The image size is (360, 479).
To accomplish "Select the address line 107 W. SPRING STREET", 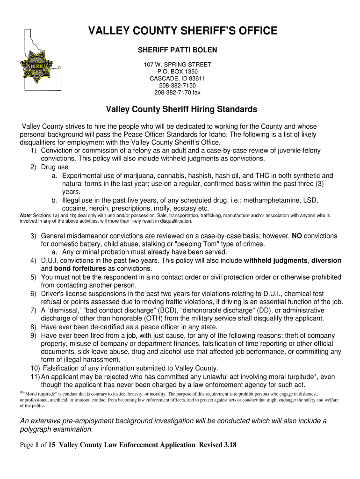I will point(177,64).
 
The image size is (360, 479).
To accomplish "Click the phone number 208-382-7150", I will point(177,85).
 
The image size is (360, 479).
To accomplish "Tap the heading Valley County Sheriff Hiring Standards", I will point(181,109).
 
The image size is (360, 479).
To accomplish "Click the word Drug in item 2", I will point(49,167).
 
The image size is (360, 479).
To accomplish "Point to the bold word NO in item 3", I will point(296,236).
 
